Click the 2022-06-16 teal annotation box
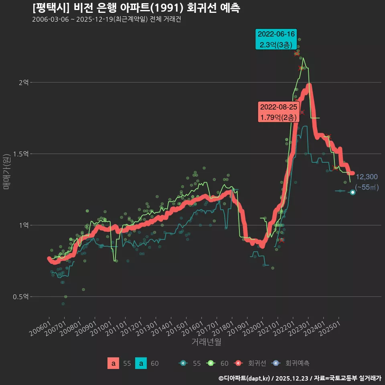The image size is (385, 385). [x=276, y=39]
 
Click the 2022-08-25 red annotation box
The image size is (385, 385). [x=278, y=112]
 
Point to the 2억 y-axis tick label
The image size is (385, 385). [x=23, y=82]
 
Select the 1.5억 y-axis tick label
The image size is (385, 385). [x=21, y=154]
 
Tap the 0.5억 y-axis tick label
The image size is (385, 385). [x=21, y=297]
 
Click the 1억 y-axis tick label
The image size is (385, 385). [x=23, y=225]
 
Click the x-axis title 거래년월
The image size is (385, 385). [x=206, y=342]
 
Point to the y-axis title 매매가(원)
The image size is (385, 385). [x=6, y=171]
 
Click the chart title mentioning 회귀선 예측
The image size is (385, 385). [x=136, y=8]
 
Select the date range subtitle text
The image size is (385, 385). [x=107, y=20]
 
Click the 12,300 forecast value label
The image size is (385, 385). [x=367, y=177]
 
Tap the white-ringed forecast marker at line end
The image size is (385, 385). [x=353, y=192]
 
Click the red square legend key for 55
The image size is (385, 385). [x=113, y=363]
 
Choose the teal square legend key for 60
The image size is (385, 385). [x=141, y=363]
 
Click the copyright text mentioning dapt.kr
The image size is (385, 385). [x=300, y=378]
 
